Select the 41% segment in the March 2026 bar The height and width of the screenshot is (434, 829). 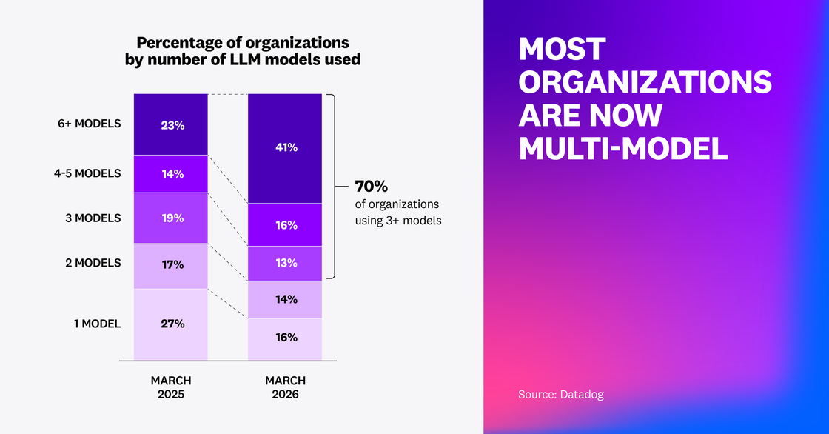(285, 148)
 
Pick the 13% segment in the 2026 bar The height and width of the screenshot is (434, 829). (285, 263)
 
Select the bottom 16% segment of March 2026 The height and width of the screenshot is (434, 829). (285, 338)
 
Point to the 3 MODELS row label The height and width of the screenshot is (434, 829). (93, 218)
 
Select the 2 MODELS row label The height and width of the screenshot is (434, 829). (93, 263)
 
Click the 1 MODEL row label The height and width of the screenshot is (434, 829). (96, 323)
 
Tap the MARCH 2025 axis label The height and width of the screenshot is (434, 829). (171, 387)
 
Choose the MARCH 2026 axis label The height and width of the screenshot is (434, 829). (285, 387)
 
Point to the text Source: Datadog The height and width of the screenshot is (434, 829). (560, 395)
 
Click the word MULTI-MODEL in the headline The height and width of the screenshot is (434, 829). (623, 149)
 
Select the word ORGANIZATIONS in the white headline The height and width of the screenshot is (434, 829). (645, 82)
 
